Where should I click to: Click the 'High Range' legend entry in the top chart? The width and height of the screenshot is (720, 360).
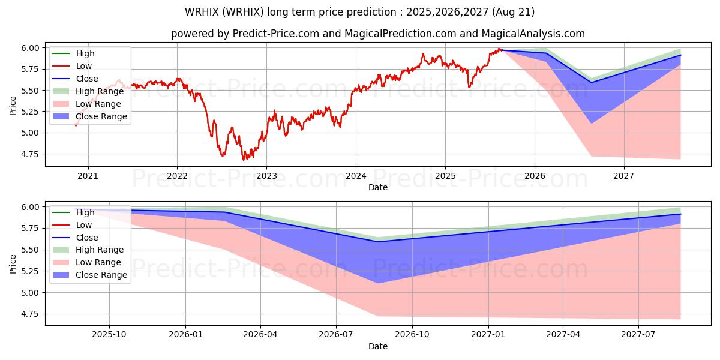point(100,91)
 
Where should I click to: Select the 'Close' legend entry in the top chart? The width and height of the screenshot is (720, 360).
point(87,79)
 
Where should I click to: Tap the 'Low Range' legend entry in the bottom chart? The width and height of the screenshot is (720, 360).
point(98,262)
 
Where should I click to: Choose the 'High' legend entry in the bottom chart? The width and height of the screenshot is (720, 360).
point(85,212)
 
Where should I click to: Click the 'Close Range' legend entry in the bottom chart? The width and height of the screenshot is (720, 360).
point(101,275)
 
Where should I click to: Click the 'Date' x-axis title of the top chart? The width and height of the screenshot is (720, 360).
point(377,187)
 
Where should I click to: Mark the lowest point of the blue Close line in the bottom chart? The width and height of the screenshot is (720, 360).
point(377,242)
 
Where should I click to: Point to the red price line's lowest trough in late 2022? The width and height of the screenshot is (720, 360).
point(244,160)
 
